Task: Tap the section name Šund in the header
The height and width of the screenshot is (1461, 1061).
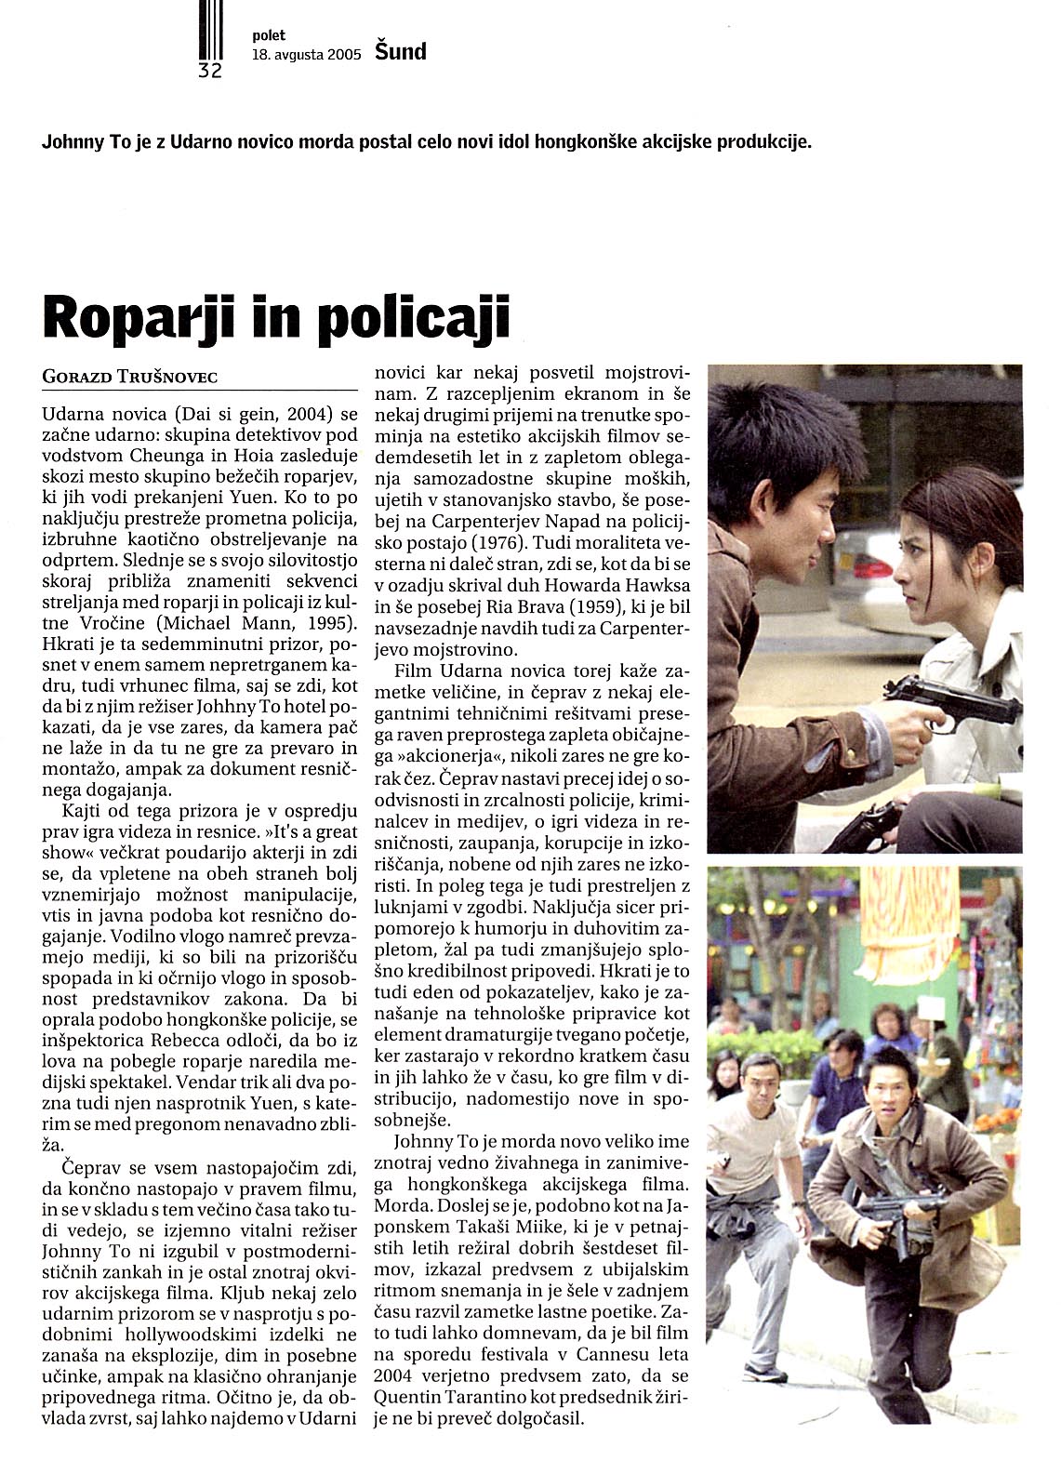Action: point(400,52)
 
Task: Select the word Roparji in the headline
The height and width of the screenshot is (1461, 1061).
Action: point(130,318)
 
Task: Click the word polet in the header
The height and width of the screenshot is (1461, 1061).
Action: point(268,35)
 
